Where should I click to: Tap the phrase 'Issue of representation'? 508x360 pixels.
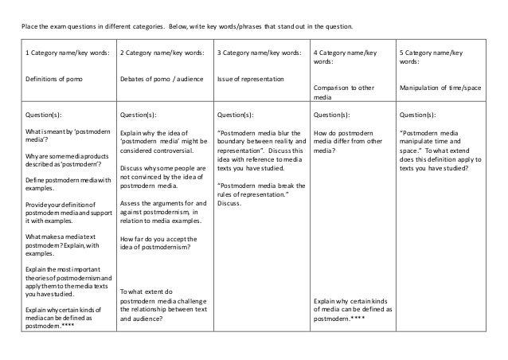(x=252, y=79)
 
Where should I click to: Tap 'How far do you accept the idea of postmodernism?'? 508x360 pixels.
(x=160, y=242)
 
